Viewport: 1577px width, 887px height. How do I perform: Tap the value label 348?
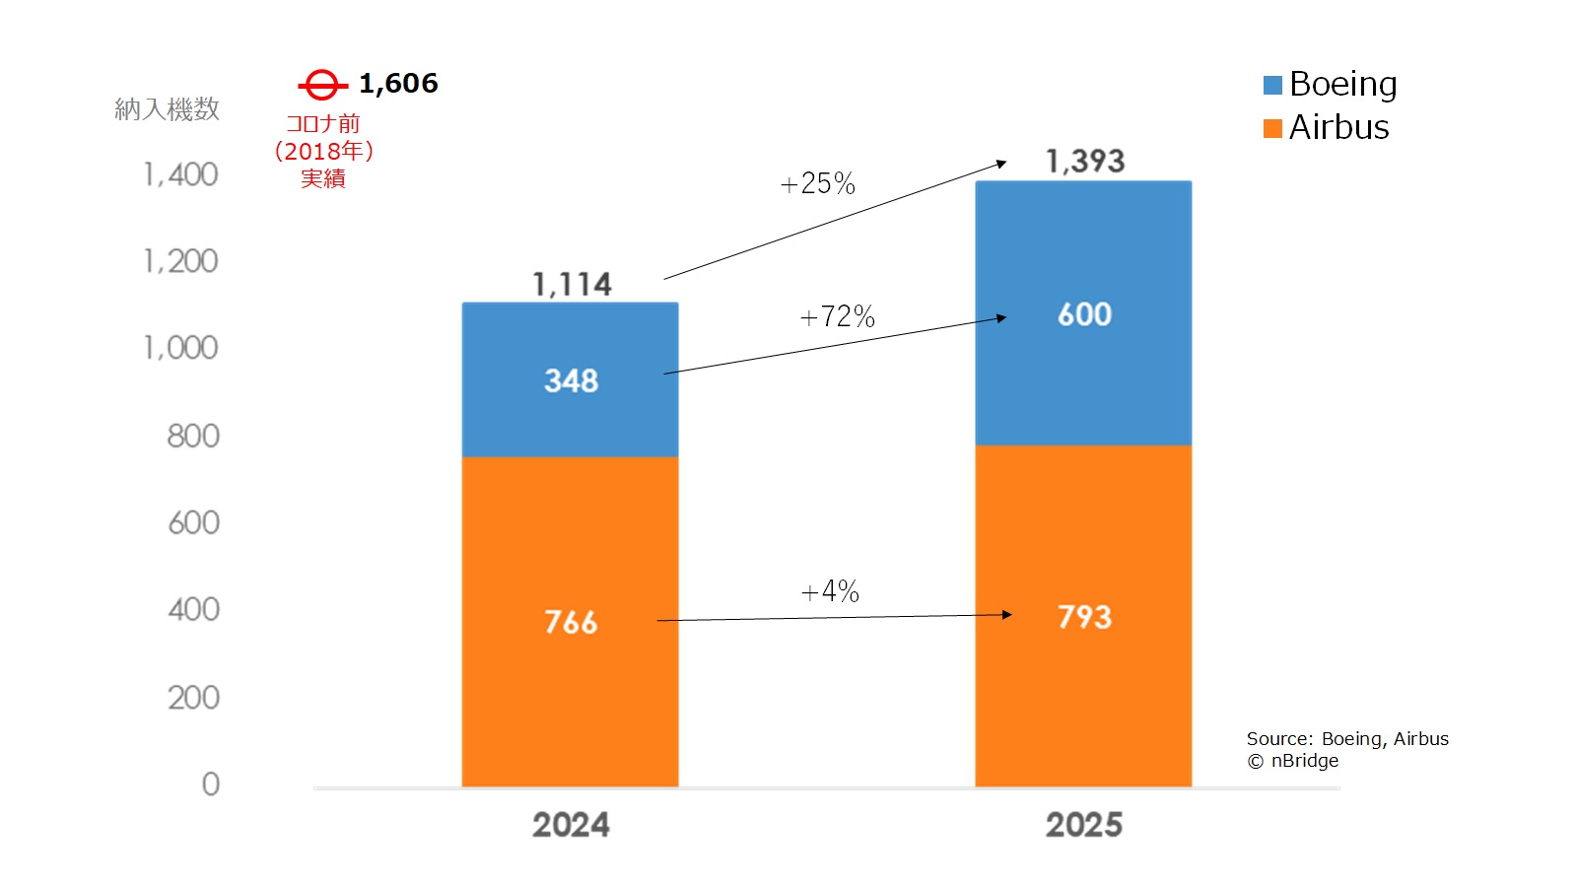pos(572,380)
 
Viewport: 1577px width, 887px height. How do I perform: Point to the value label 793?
pos(1084,617)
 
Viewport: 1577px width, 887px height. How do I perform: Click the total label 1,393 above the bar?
pos(1085,161)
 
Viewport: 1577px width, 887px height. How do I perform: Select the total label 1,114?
pos(572,285)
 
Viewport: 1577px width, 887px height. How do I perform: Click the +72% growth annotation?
pos(837,316)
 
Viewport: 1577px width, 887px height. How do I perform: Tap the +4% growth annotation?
pos(830,591)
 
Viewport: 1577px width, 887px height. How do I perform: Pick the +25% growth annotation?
pos(817,183)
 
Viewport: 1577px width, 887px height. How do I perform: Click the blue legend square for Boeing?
pos(1272,86)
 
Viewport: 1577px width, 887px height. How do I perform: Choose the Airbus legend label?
pos(1338,128)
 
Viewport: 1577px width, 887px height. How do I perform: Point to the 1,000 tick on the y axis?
pos(180,348)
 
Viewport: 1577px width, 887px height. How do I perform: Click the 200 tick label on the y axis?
pos(193,698)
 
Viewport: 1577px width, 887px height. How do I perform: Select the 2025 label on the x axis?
pos(1083,825)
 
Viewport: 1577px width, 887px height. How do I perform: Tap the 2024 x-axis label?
pos(571,825)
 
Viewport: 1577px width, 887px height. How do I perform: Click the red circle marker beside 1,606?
pos(321,85)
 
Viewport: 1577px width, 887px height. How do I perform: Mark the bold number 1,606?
pos(398,84)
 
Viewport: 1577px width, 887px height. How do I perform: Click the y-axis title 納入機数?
pos(167,109)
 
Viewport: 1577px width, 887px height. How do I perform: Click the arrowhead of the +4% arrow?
pos(1006,615)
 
